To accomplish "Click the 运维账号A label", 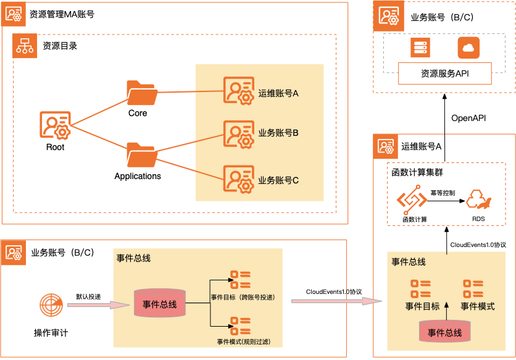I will point(278,94).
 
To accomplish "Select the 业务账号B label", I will point(278,133).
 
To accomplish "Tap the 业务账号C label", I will point(278,180).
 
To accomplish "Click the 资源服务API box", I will point(444,73).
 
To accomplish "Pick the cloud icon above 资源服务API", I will point(468,48).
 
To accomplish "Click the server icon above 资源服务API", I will point(420,48).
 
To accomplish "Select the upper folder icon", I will point(141,93).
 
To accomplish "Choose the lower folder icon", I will point(141,155).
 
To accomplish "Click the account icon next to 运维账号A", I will point(238,91).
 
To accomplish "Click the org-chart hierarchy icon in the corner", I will point(26,46).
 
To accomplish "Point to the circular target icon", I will point(51,304).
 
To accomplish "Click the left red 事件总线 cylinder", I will point(159,304).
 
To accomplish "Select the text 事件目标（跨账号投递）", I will point(243,298).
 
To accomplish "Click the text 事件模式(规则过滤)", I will point(244,341).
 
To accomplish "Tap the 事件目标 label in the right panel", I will point(422,306).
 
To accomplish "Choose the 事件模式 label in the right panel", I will point(477,306).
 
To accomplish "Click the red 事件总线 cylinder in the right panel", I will point(444,332).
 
